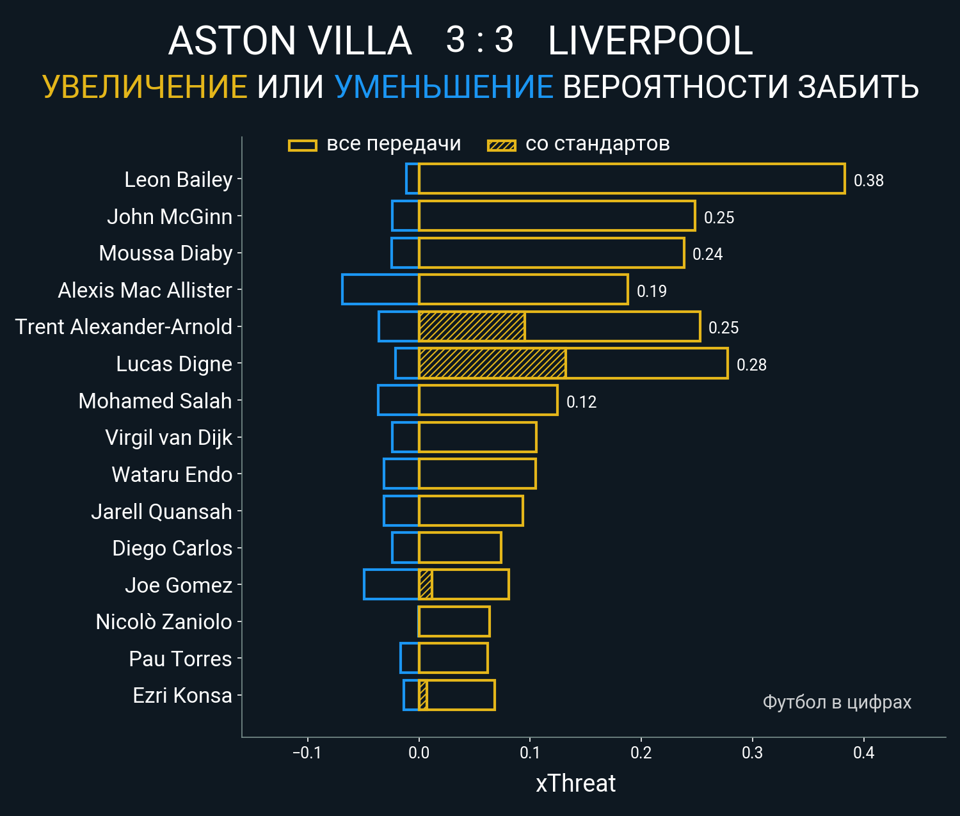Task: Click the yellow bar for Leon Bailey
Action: coord(631,179)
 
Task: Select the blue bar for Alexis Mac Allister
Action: coord(380,289)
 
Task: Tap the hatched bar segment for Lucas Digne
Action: coord(492,364)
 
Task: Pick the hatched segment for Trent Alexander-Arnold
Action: coord(472,326)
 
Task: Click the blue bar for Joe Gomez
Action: coord(391,584)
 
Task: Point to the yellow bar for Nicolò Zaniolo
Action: coord(454,621)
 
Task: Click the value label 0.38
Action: coord(868,180)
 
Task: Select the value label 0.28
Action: coord(751,365)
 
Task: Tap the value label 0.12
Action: coord(581,402)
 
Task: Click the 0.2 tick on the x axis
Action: coord(641,753)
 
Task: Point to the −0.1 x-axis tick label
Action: coord(307,753)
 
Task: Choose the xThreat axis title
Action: coord(575,783)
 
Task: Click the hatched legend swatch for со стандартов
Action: coord(501,145)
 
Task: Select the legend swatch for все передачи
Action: coord(303,145)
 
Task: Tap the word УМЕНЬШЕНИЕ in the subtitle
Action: coord(444,87)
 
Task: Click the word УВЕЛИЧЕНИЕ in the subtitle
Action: coord(145,87)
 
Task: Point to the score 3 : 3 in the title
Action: coord(479,40)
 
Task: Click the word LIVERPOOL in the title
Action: coord(650,41)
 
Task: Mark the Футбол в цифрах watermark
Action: coord(836,702)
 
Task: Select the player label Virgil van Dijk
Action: coord(168,438)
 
